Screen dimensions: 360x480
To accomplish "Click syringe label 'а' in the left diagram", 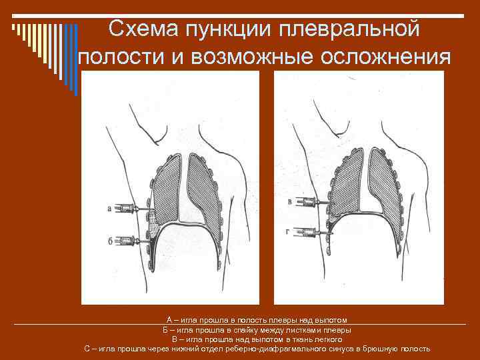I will [109, 209].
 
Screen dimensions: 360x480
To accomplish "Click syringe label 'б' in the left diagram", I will [109, 239].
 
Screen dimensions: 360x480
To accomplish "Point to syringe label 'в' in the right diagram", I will [289, 201].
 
